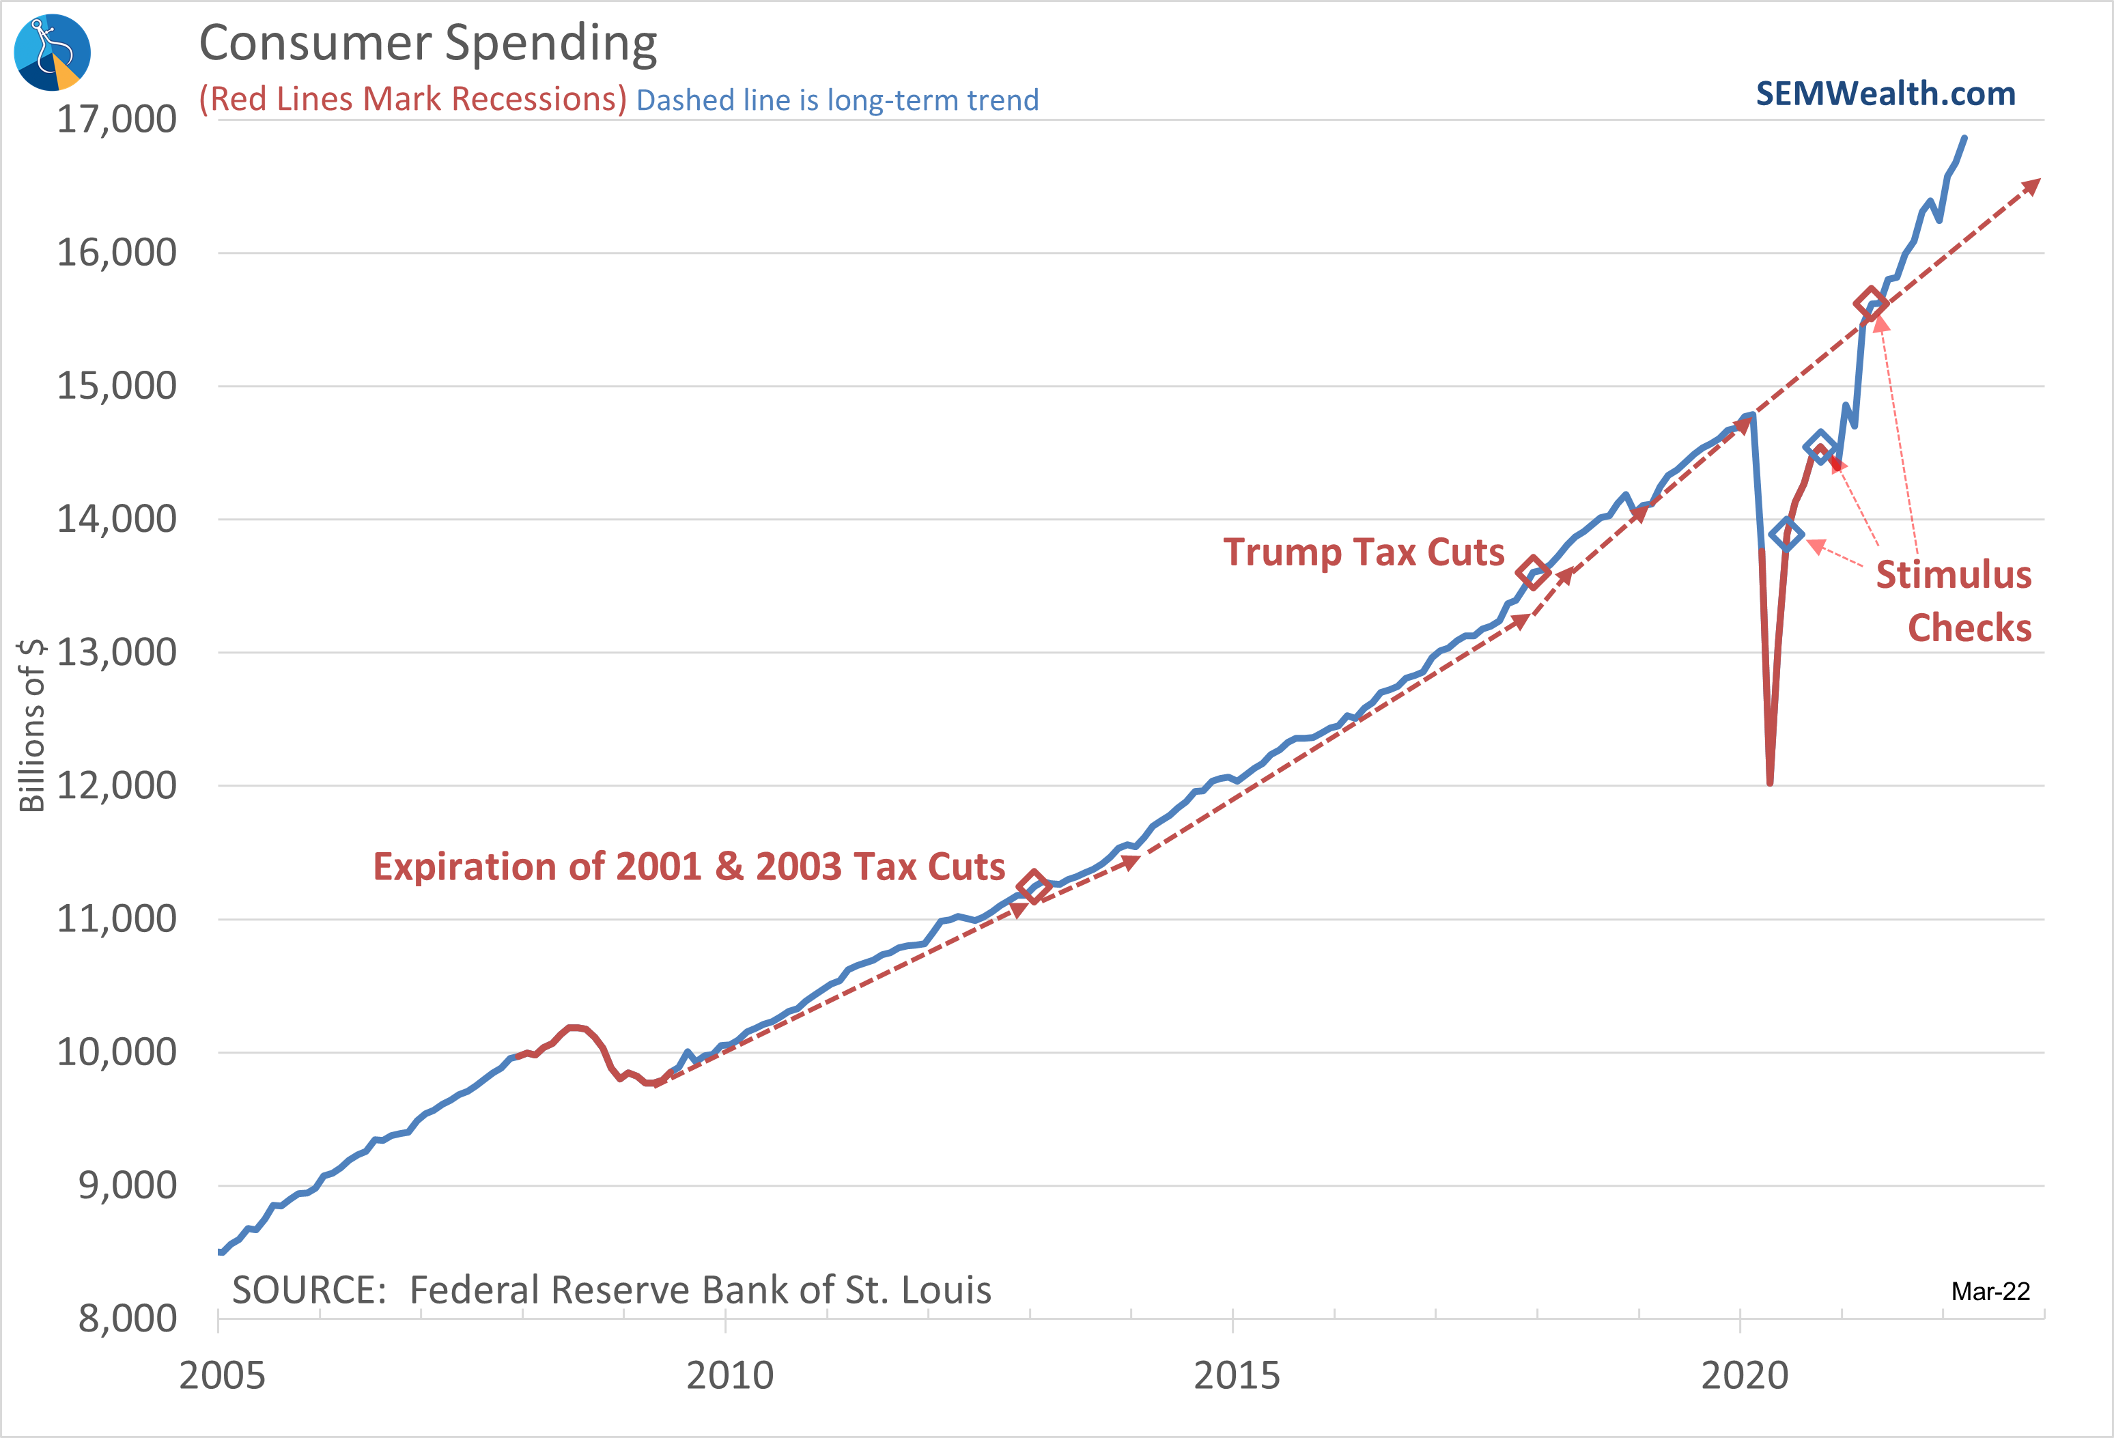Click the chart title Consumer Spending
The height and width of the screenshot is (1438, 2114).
(x=427, y=43)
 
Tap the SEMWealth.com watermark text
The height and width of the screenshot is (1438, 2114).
(x=1885, y=94)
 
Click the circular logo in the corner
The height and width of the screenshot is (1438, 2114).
(x=52, y=52)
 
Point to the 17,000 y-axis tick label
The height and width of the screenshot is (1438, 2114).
(x=117, y=119)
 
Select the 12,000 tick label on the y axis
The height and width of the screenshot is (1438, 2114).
(x=117, y=785)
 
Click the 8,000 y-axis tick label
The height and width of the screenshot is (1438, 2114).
(x=128, y=1318)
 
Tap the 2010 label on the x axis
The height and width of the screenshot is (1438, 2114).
(x=729, y=1375)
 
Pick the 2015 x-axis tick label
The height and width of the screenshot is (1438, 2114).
(x=1236, y=1375)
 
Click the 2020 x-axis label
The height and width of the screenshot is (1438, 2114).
(x=1744, y=1375)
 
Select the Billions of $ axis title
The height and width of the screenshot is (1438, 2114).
(x=32, y=725)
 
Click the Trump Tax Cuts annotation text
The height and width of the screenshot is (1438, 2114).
(x=1363, y=552)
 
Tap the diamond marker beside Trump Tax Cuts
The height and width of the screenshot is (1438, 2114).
(x=1533, y=572)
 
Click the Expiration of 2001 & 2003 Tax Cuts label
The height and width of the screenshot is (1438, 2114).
(x=688, y=866)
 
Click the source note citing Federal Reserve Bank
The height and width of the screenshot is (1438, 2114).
(x=611, y=1290)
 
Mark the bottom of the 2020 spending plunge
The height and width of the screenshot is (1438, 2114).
(x=1769, y=783)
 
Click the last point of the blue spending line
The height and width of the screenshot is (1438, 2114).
(x=1965, y=138)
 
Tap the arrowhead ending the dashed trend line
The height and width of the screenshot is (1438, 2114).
(x=2032, y=186)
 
